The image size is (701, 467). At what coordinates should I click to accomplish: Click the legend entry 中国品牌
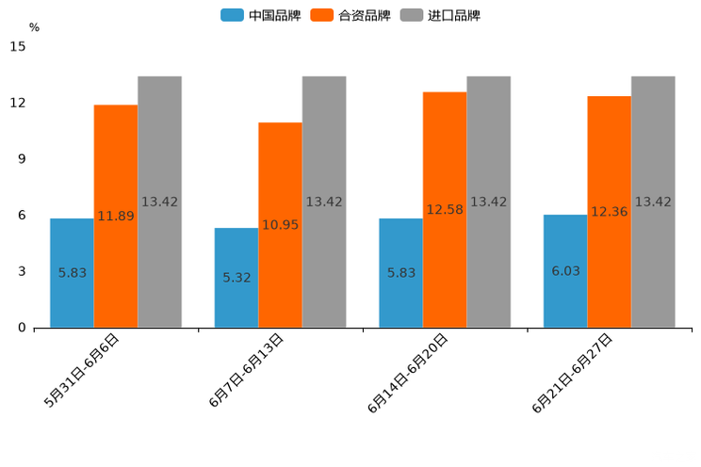[259, 15]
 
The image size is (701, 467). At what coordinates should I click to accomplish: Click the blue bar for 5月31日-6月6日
[72, 273]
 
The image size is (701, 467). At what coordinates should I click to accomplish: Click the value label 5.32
[236, 278]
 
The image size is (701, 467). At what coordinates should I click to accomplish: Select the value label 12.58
[445, 210]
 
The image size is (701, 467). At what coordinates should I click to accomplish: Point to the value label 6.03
[565, 271]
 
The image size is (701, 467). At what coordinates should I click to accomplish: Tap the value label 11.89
[116, 217]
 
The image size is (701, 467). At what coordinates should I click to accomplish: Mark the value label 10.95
[280, 225]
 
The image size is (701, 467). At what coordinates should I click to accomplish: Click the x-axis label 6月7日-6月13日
[247, 370]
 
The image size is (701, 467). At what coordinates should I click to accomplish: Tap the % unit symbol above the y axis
[34, 27]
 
